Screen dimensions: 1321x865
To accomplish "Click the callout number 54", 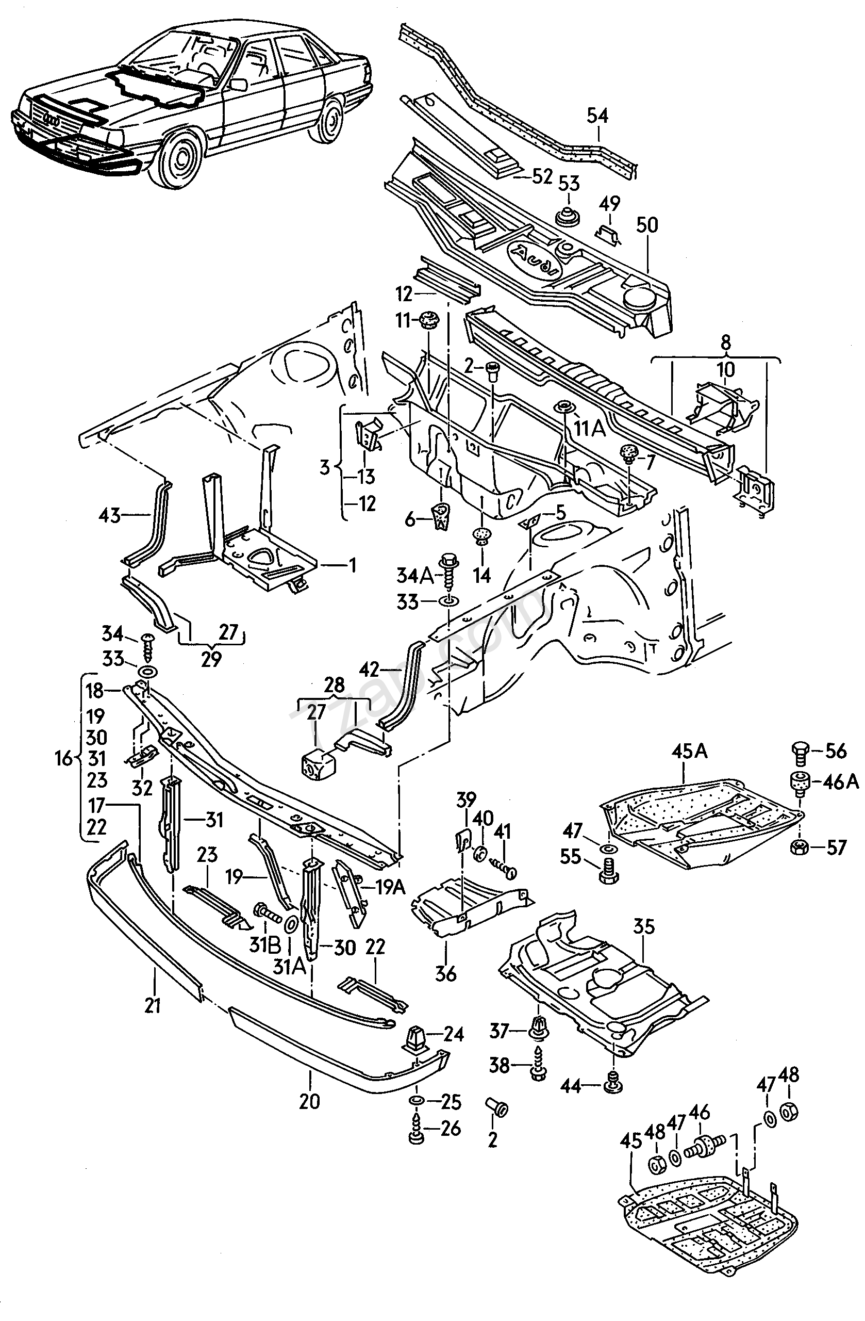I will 597,116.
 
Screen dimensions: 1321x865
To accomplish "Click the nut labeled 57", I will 799,847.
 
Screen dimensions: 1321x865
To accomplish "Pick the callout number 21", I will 153,1005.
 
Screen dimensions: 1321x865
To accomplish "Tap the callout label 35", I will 644,926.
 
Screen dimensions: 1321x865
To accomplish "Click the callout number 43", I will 109,516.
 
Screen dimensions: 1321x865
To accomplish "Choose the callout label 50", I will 647,225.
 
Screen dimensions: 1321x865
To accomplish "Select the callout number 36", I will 445,973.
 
